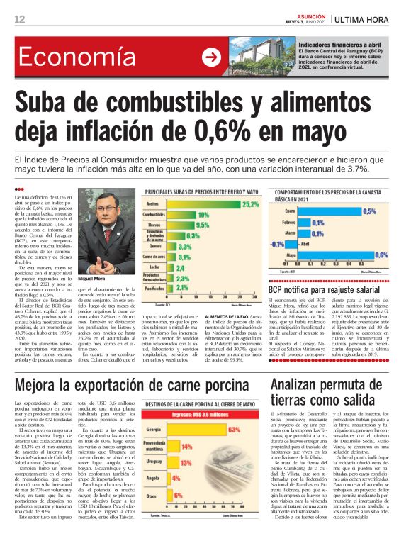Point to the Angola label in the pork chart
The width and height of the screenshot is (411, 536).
154,479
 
